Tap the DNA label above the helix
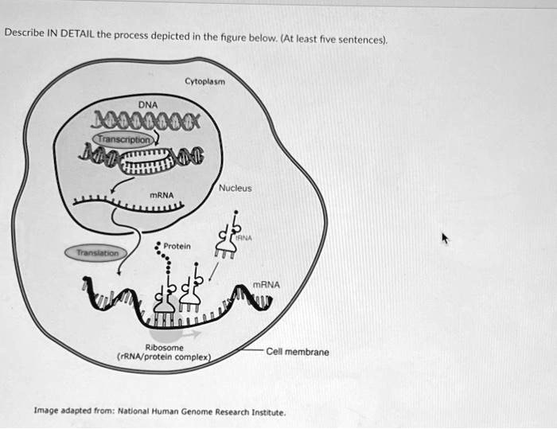click(x=149, y=104)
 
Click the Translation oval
click(x=95, y=252)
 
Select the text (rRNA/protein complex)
click(x=166, y=357)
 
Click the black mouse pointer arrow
click(x=446, y=238)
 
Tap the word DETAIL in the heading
click(x=77, y=33)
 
